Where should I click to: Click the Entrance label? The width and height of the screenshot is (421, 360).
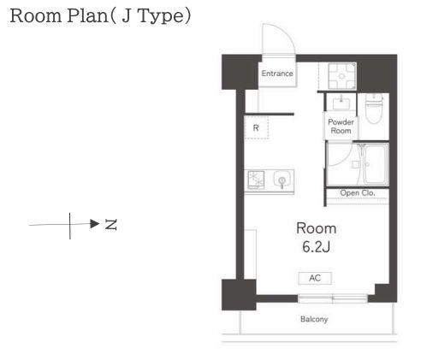coord(277,74)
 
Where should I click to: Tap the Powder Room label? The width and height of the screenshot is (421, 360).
coord(341,127)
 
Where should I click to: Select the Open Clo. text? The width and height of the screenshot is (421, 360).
coord(358,193)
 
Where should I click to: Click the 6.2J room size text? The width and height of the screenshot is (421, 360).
coord(317,247)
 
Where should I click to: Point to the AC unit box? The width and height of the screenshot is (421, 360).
coord(315,278)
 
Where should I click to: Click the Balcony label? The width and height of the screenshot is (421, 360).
coord(314,319)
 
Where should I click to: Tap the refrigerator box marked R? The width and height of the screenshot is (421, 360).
coord(257,127)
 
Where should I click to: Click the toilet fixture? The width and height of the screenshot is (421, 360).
coord(374,109)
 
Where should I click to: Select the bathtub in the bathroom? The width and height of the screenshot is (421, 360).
coord(376,164)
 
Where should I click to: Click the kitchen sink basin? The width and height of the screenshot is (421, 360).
coord(282,180)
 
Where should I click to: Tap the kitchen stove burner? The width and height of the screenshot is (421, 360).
coord(256,180)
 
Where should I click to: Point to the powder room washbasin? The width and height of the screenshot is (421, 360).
coord(341,103)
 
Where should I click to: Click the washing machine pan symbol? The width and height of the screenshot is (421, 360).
coord(341,76)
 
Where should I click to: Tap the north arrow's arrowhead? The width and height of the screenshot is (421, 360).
coord(95,224)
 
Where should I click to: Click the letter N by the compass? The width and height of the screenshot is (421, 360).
coord(111,225)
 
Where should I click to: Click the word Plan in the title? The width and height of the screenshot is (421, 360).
coord(87,16)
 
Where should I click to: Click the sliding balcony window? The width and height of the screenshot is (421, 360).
coord(333,298)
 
